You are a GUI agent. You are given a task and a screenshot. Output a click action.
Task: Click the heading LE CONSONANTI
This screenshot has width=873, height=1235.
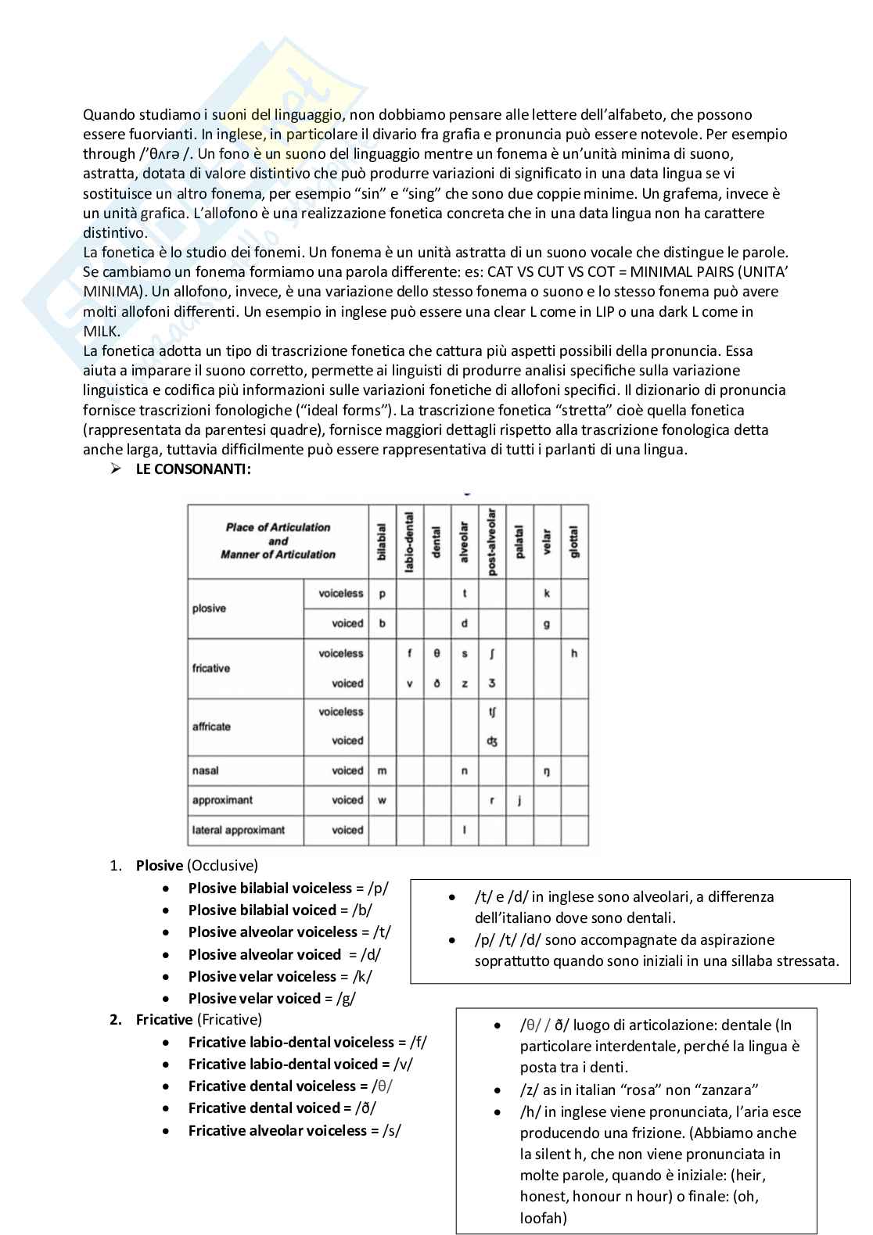click(x=193, y=469)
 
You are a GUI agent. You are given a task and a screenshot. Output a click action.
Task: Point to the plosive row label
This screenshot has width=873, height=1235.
click(x=209, y=609)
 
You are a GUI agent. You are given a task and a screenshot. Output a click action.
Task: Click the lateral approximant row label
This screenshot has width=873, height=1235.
click(x=239, y=830)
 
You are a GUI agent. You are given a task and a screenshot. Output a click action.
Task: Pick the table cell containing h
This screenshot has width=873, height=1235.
click(x=574, y=653)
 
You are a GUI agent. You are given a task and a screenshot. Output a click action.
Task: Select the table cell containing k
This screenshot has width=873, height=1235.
click(x=547, y=594)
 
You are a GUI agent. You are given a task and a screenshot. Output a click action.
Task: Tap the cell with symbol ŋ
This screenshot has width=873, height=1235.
click(x=547, y=771)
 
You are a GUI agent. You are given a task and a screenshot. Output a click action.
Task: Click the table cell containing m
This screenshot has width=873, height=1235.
click(x=382, y=771)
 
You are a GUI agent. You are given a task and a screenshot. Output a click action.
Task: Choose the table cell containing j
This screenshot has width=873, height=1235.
click(x=519, y=800)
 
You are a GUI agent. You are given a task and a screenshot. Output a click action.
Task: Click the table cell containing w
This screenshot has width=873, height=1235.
click(x=382, y=800)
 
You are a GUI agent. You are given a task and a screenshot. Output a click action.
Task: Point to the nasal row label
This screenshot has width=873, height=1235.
click(x=206, y=771)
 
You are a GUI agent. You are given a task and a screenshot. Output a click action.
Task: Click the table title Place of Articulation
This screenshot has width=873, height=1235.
click(x=278, y=527)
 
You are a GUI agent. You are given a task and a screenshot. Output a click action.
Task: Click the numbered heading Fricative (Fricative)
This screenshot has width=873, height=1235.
click(x=199, y=1020)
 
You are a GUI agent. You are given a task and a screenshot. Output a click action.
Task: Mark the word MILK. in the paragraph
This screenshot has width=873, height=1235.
click(x=100, y=331)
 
